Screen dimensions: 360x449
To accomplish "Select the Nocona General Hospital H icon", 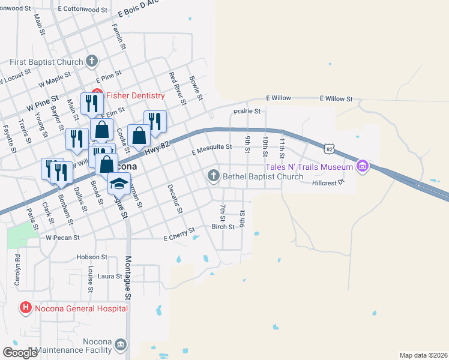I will tap(25, 308).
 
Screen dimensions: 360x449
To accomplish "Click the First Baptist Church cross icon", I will tap(92, 61).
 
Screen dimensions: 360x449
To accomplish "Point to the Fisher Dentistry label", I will tap(135, 96).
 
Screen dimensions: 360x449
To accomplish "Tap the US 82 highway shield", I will tap(328, 148).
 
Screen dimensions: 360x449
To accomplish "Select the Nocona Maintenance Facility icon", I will tap(121, 344).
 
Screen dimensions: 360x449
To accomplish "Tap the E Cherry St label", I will tap(179, 235).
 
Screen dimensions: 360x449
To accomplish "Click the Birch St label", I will tap(223, 227).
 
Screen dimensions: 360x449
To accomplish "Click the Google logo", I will tap(20, 352).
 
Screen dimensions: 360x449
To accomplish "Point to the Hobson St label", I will tap(91, 257).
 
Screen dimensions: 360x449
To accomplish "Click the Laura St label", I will tap(110, 276).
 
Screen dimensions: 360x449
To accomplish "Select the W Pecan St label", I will tap(63, 238).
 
